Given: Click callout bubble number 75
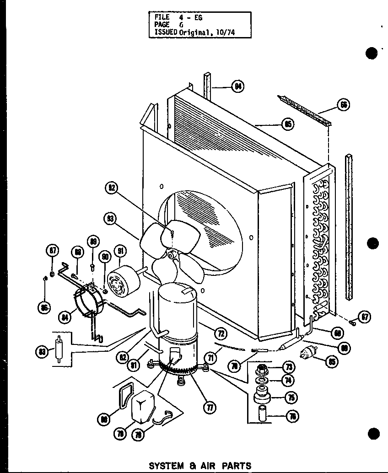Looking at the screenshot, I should point(290,398).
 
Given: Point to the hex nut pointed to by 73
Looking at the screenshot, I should point(263,367).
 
